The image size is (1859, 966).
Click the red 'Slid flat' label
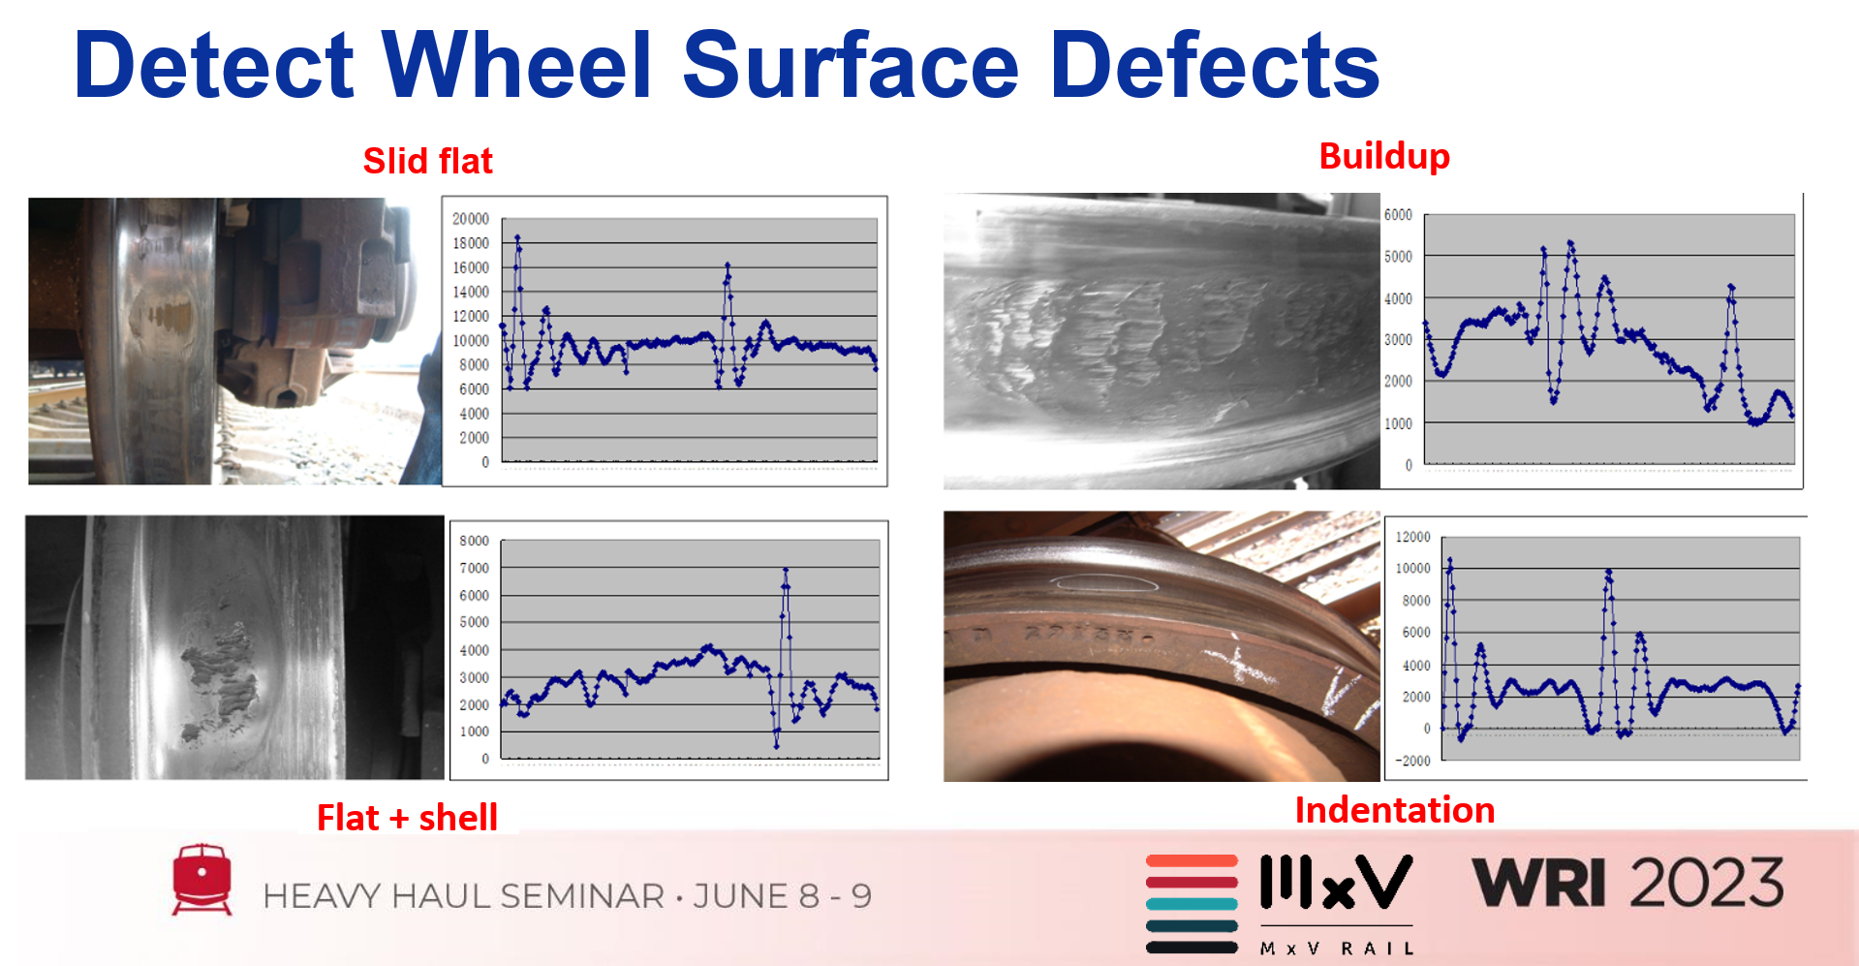(427, 161)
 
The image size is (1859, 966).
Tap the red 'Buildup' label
(1384, 156)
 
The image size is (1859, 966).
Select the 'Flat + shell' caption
(407, 818)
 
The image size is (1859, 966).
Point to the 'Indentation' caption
(1395, 810)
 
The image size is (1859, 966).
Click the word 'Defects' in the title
(1215, 65)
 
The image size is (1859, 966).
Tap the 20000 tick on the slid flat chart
(471, 219)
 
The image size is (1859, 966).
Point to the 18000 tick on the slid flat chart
(471, 243)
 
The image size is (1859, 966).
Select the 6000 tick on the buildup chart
(1398, 215)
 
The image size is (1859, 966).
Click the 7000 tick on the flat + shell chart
(474, 568)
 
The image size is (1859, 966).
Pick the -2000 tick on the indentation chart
(1412, 761)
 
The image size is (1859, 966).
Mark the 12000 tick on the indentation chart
(1412, 537)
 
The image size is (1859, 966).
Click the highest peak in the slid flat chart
(517, 236)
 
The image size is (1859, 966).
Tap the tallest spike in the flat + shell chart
(785, 570)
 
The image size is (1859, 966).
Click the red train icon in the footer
(201, 879)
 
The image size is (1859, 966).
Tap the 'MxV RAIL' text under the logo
(1337, 949)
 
